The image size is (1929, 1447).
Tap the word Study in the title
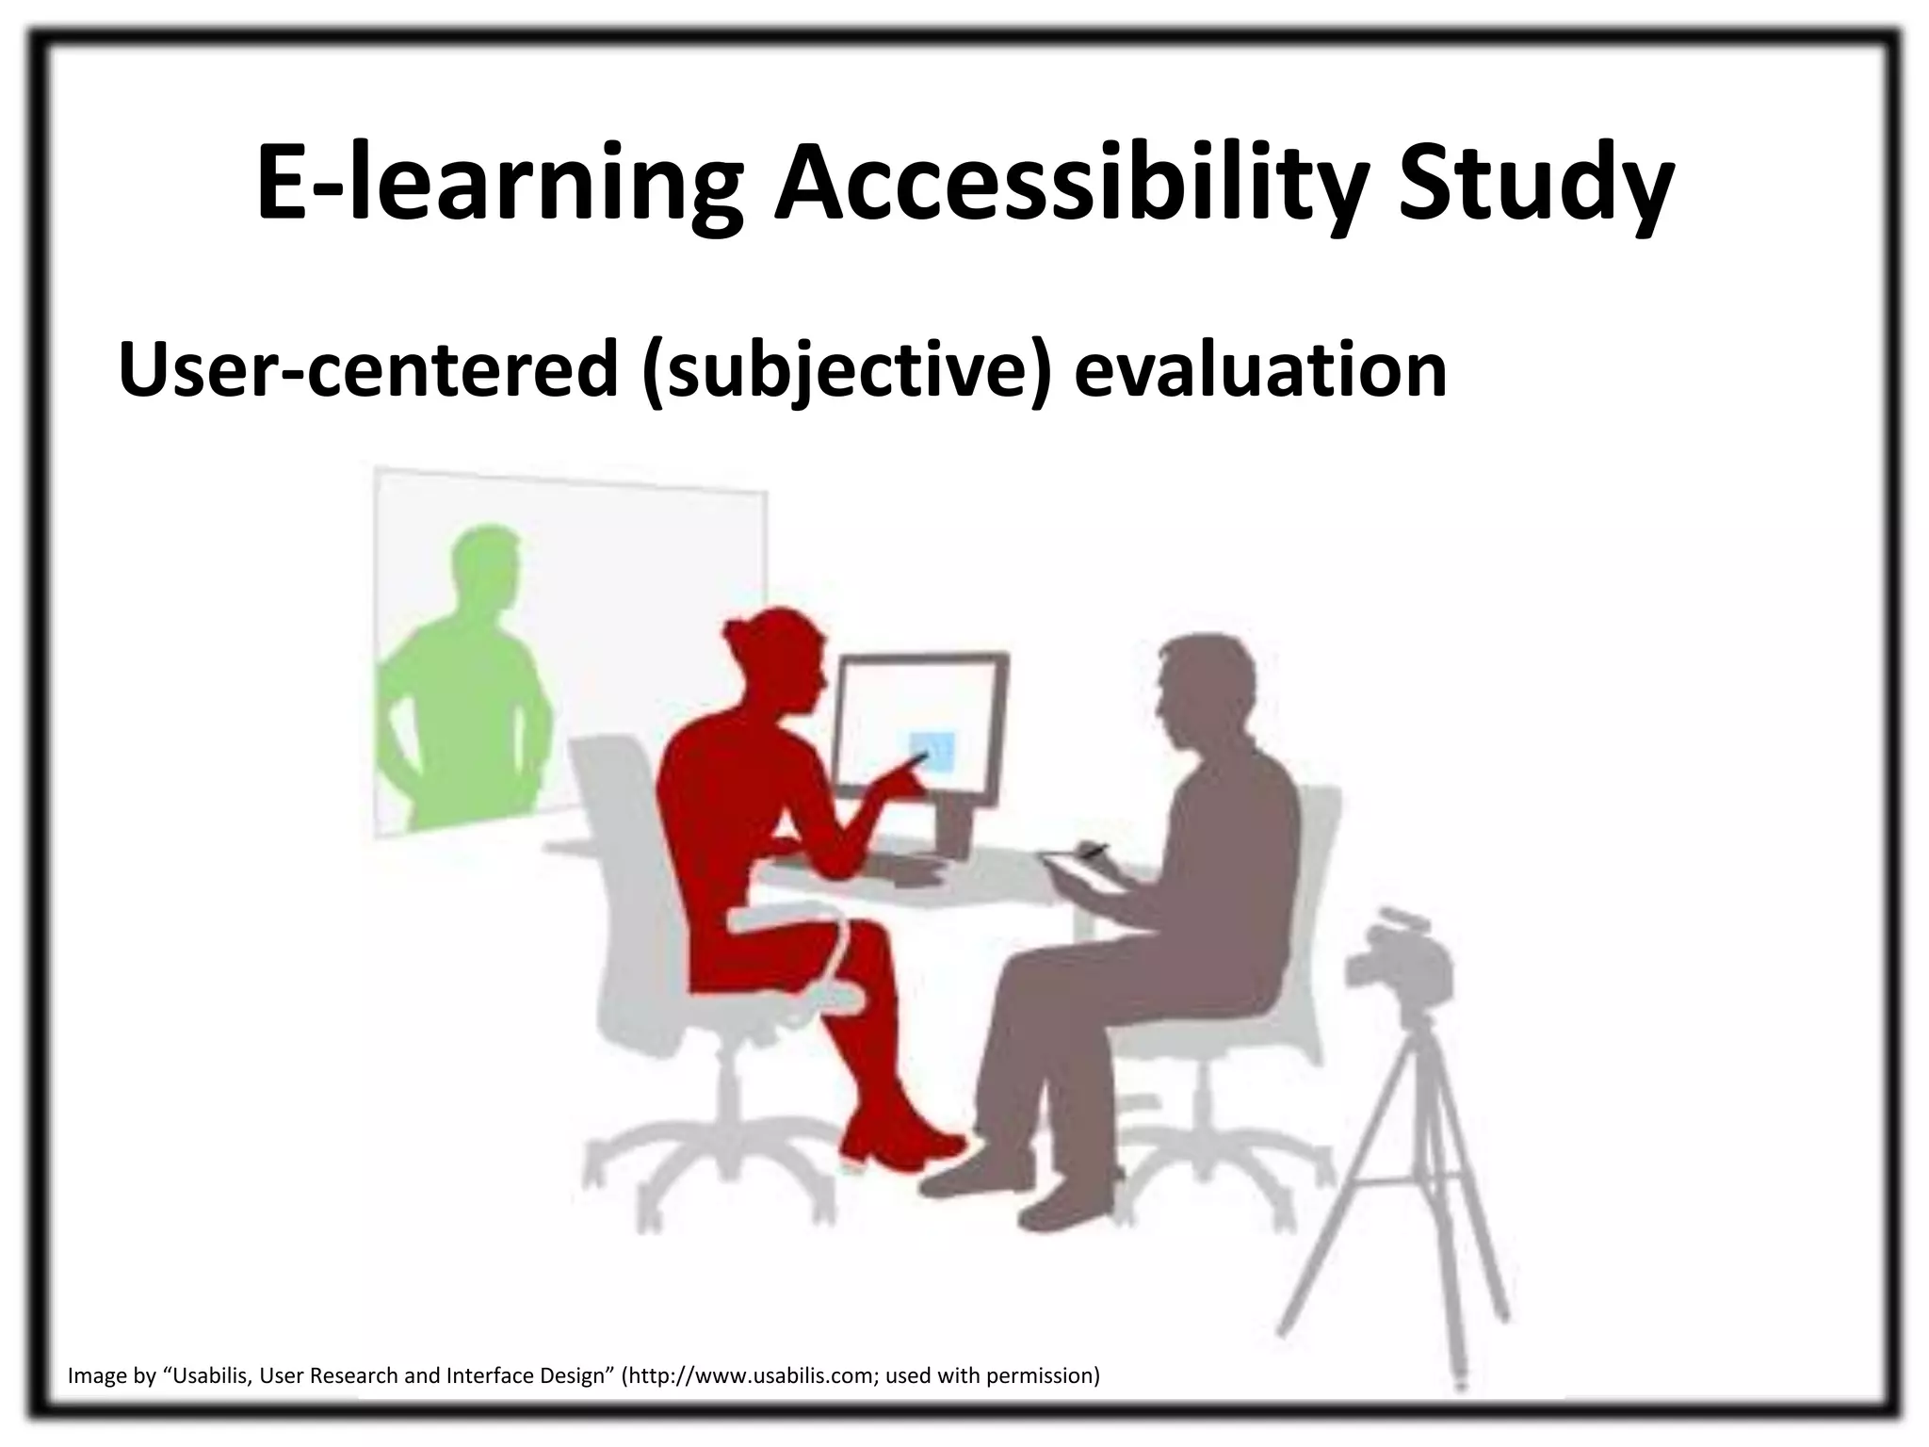[x=1535, y=184]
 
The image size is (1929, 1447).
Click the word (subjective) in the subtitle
[x=844, y=370]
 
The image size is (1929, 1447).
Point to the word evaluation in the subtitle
[x=1259, y=370]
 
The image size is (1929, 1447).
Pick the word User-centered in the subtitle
[x=367, y=370]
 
